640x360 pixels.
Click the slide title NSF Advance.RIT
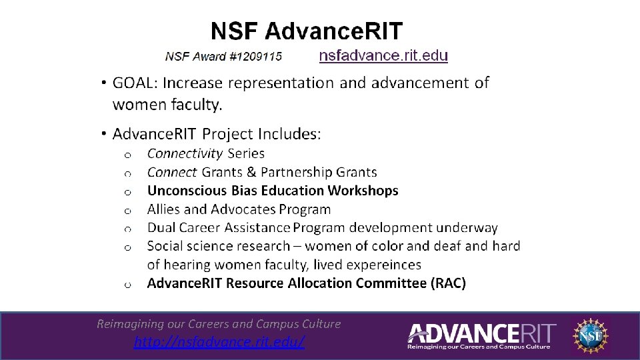tap(307, 31)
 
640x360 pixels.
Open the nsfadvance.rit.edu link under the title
tap(383, 55)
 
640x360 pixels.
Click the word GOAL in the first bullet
tap(134, 83)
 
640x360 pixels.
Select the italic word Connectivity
tap(185, 153)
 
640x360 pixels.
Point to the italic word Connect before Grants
tap(172, 172)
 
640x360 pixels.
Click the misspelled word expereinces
tap(381, 265)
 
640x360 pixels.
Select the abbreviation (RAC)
tap(449, 283)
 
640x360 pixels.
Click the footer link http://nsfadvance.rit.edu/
tap(219, 342)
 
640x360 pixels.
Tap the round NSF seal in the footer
tap(591, 335)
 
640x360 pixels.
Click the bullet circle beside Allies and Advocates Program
tap(126, 210)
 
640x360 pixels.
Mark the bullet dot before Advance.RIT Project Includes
tap(105, 133)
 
